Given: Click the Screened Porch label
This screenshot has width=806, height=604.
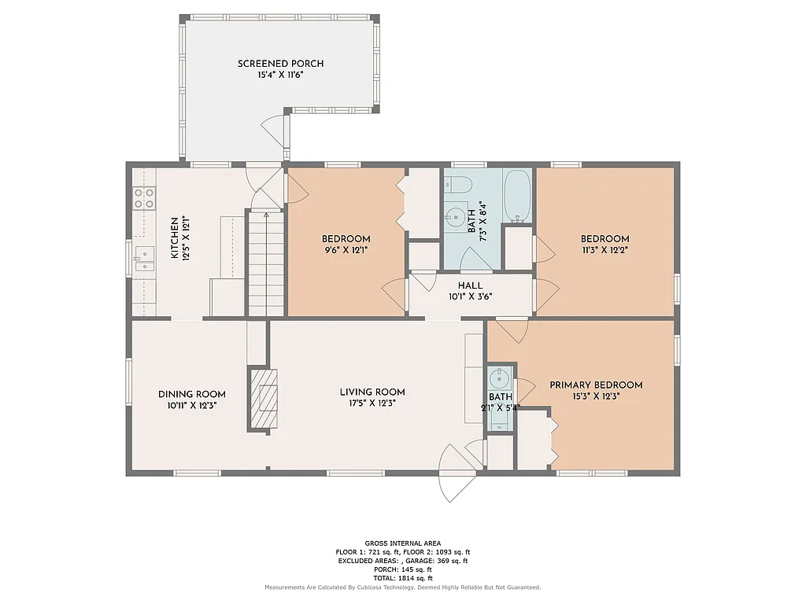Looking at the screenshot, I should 280,64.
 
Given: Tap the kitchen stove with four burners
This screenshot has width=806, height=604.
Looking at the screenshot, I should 144,197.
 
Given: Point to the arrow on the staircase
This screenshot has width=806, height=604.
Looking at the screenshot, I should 266,215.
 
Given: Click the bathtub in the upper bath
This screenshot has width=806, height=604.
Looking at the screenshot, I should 519,196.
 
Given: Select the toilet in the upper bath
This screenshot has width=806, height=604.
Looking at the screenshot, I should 459,186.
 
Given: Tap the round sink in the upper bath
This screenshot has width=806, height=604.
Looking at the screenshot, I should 454,216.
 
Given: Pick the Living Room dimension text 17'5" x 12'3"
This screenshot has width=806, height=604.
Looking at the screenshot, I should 372,403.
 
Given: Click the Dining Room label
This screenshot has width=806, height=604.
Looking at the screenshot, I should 191,395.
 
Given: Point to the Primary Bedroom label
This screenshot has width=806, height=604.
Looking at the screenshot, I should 596,385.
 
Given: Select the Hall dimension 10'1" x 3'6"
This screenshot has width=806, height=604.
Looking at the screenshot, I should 470,296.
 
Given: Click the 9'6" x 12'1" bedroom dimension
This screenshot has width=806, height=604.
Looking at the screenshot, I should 346,250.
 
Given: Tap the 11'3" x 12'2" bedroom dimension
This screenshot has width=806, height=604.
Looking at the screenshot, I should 604,250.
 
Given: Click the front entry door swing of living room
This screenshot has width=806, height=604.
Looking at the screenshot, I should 455,474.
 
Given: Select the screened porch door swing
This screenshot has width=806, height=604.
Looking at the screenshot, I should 273,127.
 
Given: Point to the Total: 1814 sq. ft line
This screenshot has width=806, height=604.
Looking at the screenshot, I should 402,578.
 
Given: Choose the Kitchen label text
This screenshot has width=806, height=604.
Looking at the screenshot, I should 175,238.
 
